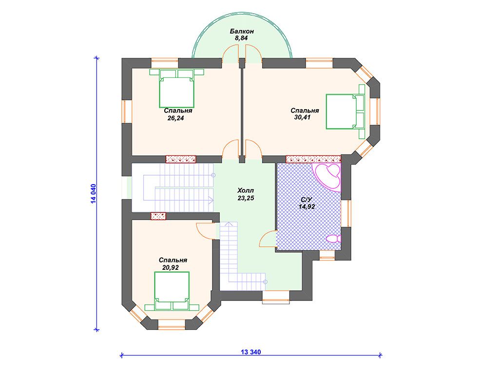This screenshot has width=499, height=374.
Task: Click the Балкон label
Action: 242,31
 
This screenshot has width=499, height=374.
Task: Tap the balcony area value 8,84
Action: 241,38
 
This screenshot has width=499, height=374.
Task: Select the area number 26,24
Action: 175,118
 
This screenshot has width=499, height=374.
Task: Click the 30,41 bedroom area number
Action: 302,117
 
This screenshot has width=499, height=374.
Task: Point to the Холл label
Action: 246,190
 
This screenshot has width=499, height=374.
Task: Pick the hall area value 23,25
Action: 246,198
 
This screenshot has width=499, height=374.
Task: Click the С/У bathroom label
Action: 307,200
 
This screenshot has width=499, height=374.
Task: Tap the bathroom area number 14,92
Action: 307,206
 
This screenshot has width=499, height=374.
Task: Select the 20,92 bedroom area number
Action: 171,267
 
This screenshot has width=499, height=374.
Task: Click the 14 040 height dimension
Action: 93,193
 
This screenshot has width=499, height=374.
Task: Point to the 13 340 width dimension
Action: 251,352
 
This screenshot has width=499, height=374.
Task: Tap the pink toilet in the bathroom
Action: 333,239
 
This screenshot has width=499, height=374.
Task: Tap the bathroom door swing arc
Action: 268,239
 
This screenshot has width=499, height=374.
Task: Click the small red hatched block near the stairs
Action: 159,216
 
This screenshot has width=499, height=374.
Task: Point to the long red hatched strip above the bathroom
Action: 313,159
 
